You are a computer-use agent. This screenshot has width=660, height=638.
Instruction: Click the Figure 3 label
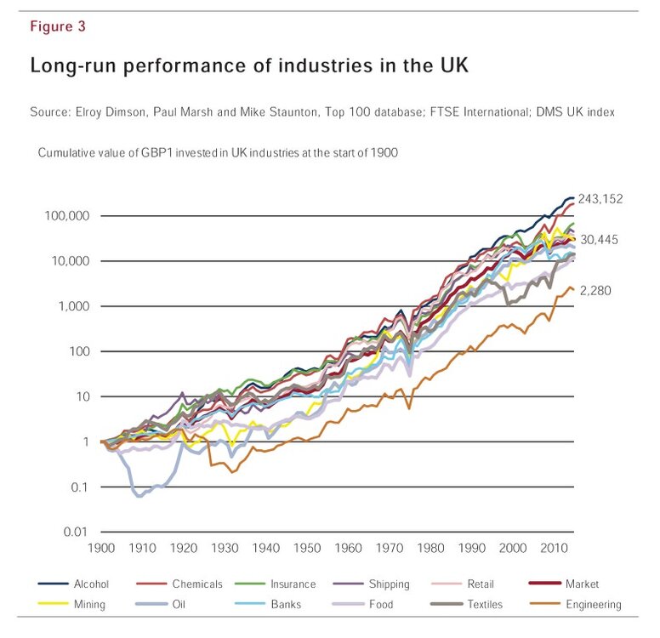[58, 26]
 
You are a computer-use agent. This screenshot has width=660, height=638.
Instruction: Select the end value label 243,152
[600, 199]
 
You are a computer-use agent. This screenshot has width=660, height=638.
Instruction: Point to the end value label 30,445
[600, 240]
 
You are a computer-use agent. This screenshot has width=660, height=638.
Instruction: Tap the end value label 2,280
[595, 290]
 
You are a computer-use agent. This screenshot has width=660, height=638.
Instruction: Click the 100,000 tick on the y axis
[66, 216]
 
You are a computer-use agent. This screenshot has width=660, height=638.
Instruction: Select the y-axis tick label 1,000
[73, 306]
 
